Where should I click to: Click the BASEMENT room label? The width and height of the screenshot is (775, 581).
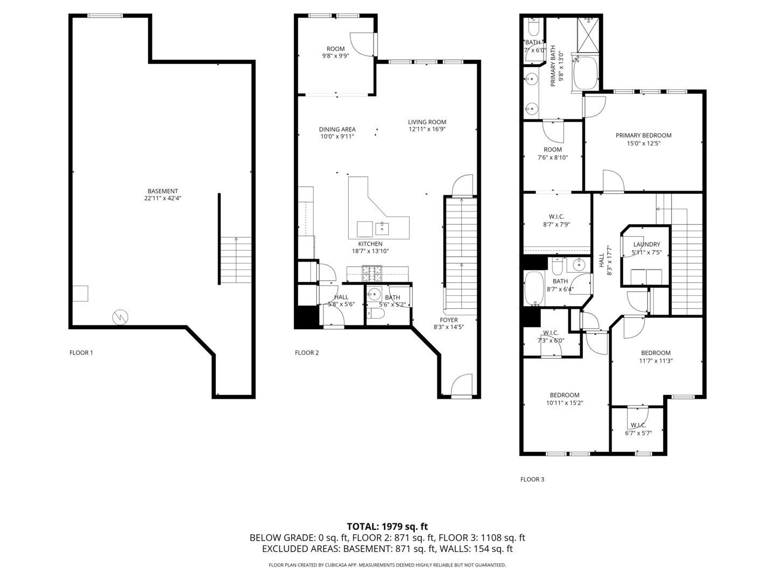click(x=163, y=191)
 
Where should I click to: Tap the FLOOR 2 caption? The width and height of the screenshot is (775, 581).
click(x=307, y=353)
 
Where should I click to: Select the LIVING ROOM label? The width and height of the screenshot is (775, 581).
click(x=427, y=122)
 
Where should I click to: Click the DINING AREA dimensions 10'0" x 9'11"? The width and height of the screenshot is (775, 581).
click(x=337, y=137)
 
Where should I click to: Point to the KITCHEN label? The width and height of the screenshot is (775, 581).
click(x=370, y=244)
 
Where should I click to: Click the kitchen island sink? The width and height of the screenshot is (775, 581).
click(x=382, y=228)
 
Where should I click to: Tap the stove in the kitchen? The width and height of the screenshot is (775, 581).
click(x=372, y=274)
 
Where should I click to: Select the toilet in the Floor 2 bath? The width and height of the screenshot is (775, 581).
click(x=375, y=314)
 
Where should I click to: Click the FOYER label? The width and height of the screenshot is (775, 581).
click(x=448, y=320)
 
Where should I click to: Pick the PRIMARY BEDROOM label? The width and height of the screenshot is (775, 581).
click(x=643, y=136)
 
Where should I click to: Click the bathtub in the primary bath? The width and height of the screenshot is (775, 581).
click(x=586, y=73)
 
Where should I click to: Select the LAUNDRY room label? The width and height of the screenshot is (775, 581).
click(x=646, y=244)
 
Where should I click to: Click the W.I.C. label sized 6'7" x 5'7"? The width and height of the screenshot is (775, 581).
click(x=638, y=425)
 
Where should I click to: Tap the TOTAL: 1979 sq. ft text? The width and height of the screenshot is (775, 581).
click(x=387, y=526)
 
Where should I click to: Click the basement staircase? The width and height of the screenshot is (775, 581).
click(x=236, y=260)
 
